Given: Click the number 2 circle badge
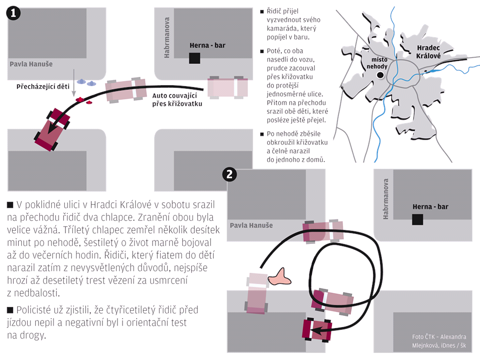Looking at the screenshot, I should coord(230,175).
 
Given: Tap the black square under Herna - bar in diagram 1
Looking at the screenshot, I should coord(195,58).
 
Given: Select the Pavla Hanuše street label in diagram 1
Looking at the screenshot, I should coord(31,64).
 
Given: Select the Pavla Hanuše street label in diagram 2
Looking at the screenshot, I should coord(251,225).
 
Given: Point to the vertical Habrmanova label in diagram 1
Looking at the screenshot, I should coord(167,38).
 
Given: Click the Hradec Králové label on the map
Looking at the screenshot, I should coord(428,51).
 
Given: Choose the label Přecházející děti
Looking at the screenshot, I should coord(39,87).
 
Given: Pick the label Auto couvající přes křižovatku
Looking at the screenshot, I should coord(177,100).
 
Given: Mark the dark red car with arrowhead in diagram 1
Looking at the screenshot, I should coord(52,129).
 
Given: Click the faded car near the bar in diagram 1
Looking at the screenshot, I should coord(228,87).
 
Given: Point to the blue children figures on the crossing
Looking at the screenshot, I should coord(86,82).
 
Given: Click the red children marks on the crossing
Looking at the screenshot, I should coord(83,99).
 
